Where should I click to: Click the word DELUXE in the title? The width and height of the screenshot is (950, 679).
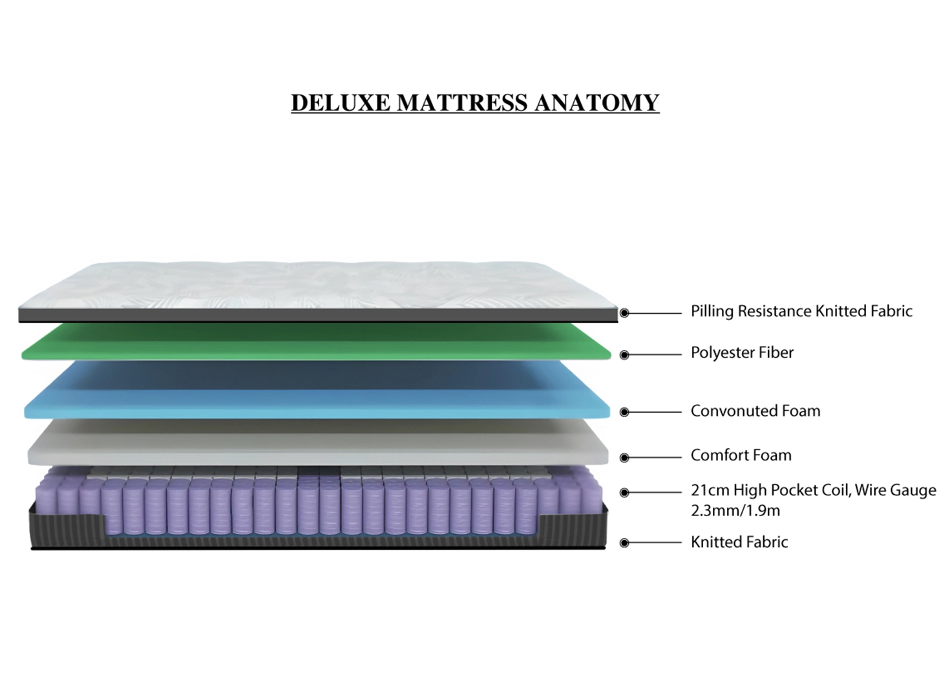click(341, 103)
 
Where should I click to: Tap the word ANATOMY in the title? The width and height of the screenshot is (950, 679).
click(596, 103)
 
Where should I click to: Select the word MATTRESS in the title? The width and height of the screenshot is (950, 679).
click(462, 103)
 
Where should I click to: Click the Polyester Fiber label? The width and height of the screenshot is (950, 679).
click(742, 353)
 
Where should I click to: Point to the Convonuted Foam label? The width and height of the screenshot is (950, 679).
click(755, 411)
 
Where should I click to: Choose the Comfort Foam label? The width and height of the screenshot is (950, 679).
click(741, 455)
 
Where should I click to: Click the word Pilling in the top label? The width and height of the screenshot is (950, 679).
click(712, 312)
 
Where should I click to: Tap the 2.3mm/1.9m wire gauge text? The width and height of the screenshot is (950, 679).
click(735, 510)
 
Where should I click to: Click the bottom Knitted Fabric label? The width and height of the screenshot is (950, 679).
click(739, 542)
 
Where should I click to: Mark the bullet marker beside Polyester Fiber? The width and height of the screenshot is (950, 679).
click(624, 355)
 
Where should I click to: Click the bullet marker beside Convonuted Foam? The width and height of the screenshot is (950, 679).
click(624, 412)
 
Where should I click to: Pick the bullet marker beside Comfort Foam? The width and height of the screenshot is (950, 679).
click(624, 457)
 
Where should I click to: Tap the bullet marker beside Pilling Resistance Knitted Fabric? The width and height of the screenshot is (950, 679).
click(624, 313)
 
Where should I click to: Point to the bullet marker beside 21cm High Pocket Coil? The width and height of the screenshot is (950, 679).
click(624, 492)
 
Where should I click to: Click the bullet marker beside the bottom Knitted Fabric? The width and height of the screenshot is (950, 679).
click(624, 543)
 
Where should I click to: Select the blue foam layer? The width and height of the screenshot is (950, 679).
click(317, 391)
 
